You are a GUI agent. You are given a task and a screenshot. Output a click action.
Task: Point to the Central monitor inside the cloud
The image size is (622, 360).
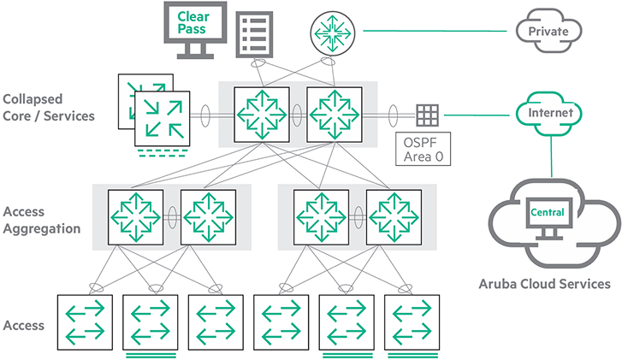(548, 216)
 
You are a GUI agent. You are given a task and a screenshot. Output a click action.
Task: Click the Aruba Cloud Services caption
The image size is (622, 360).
(548, 284)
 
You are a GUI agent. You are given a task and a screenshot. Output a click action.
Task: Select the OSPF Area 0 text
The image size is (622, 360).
(424, 150)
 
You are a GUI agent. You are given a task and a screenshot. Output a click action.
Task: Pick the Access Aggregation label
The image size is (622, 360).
(42, 220)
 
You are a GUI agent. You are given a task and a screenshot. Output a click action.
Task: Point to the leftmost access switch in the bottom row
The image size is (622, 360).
(83, 321)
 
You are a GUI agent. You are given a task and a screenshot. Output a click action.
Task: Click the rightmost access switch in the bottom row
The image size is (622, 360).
(412, 321)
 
